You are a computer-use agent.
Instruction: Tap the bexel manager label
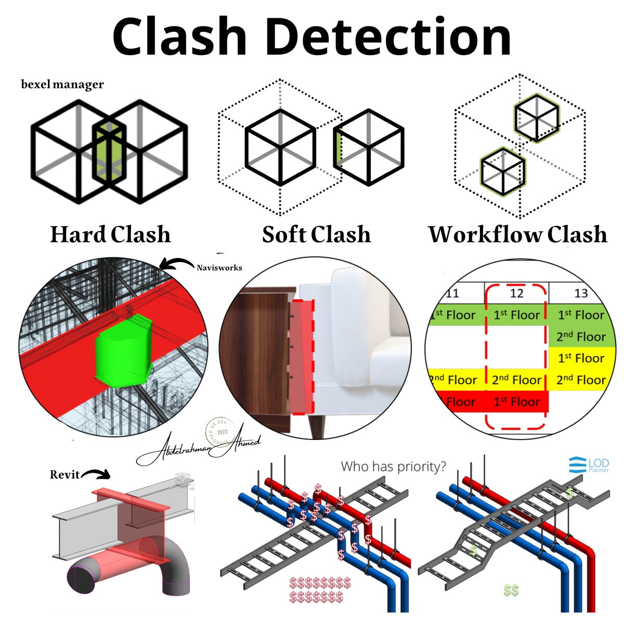click(62, 84)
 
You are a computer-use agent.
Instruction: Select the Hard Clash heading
click(110, 235)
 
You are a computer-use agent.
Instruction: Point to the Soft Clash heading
click(316, 235)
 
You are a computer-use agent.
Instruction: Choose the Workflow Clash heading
click(517, 235)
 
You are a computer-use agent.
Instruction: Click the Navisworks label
click(219, 268)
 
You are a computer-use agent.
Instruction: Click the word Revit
click(64, 474)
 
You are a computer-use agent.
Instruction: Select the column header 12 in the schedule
click(516, 293)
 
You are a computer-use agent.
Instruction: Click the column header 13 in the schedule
click(581, 293)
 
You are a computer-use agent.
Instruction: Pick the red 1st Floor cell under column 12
click(516, 402)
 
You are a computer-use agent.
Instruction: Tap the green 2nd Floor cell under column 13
click(581, 337)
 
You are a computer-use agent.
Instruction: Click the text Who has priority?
click(394, 466)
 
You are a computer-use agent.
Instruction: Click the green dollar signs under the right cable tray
click(511, 590)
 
